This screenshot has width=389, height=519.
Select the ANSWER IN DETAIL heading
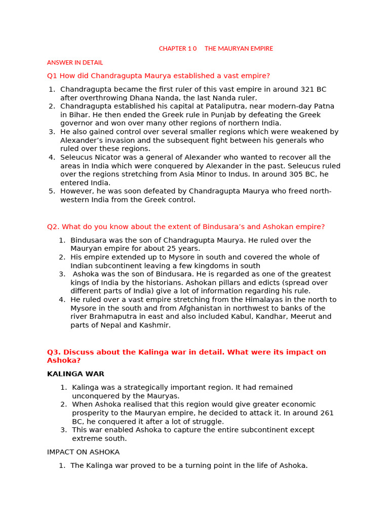coord(75,63)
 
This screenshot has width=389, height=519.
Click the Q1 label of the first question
coord(52,76)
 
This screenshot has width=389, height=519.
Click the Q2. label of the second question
coord(54,227)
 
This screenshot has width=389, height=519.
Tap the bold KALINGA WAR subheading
coord(75,374)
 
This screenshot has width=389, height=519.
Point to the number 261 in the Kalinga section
coord(327,413)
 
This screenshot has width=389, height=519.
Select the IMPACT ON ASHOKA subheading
coord(83,452)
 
